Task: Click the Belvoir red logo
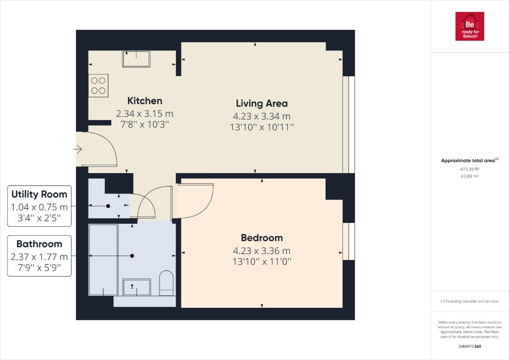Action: click(470, 26)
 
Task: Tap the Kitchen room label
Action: click(145, 100)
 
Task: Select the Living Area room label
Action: click(261, 103)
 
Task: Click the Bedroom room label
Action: click(261, 238)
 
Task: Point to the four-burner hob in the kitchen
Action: click(98, 85)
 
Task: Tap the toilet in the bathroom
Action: click(166, 282)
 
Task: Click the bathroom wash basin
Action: click(136, 287)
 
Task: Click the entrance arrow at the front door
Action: click(78, 149)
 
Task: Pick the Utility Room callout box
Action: click(39, 206)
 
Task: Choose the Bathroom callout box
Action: click(39, 256)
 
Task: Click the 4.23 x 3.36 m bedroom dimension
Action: click(261, 251)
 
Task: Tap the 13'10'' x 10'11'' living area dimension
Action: click(261, 127)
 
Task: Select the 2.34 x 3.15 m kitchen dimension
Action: click(145, 113)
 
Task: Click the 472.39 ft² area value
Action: click(469, 169)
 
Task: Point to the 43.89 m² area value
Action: click(469, 176)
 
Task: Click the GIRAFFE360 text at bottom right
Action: click(469, 346)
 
